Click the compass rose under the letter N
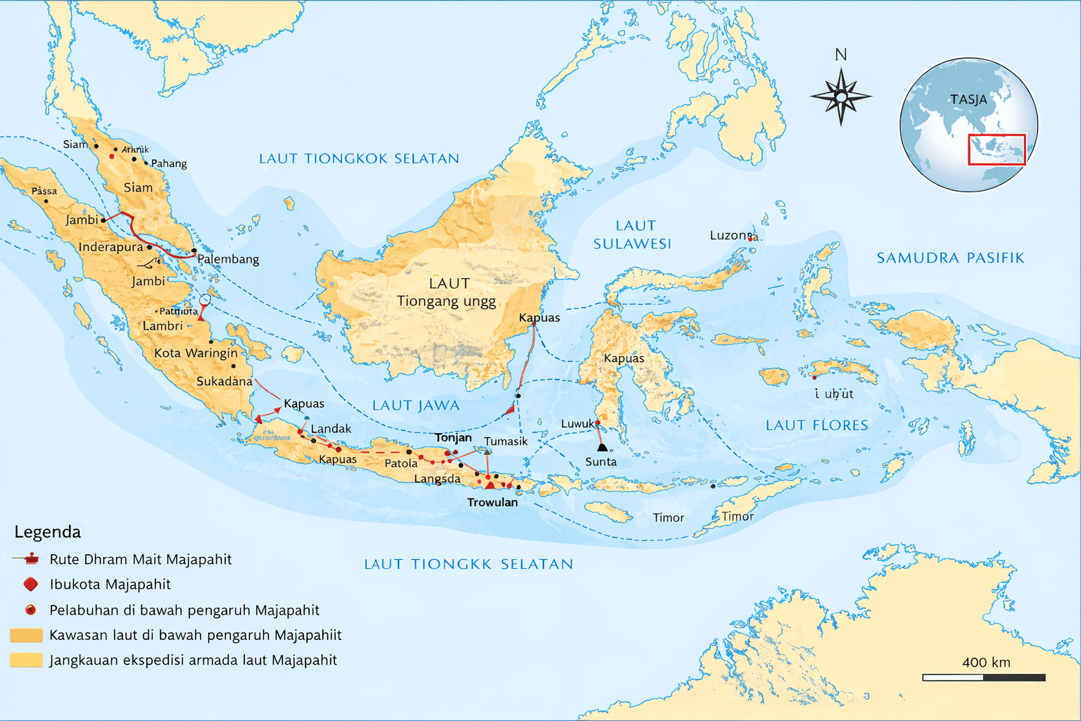pos(840,96)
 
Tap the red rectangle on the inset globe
pos(997,149)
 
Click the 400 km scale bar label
pos(986,663)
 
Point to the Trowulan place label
pos(492,502)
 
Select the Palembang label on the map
pos(228,259)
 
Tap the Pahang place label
pos(169,163)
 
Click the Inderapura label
pos(110,247)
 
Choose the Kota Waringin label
pos(196,353)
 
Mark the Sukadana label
pos(224,381)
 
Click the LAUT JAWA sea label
pos(415,406)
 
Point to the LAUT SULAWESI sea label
pos(633,234)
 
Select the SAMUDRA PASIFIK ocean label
pos(950,258)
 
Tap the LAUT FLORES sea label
pos(816,425)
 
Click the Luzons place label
pos(731,235)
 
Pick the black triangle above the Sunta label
pos(602,447)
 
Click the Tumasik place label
pos(505,441)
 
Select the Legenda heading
pos(48,532)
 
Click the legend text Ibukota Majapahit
pos(110,584)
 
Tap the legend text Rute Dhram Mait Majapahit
pos(140,559)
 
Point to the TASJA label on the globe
pos(968,99)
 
